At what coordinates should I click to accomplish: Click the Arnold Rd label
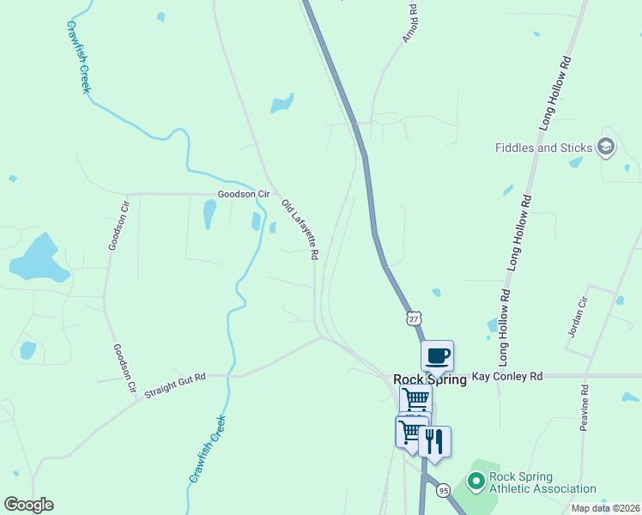[409, 24]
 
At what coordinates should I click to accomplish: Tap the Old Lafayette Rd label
[300, 229]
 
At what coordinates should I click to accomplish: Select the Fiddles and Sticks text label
[543, 148]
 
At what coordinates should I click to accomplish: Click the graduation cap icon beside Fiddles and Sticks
[606, 147]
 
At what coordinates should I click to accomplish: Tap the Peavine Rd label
[584, 408]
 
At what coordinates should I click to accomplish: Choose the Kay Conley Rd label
[506, 377]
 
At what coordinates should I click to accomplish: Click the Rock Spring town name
[429, 379]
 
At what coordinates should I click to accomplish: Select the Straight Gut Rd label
[176, 383]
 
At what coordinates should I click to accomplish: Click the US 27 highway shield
[415, 318]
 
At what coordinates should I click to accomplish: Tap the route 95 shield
[442, 490]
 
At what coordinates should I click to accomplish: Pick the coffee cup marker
[437, 354]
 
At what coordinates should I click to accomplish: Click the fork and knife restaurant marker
[434, 441]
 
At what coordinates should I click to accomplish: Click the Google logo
[28, 505]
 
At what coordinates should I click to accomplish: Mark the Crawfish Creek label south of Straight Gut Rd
[207, 448]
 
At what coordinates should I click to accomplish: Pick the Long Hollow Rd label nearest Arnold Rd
[555, 94]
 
